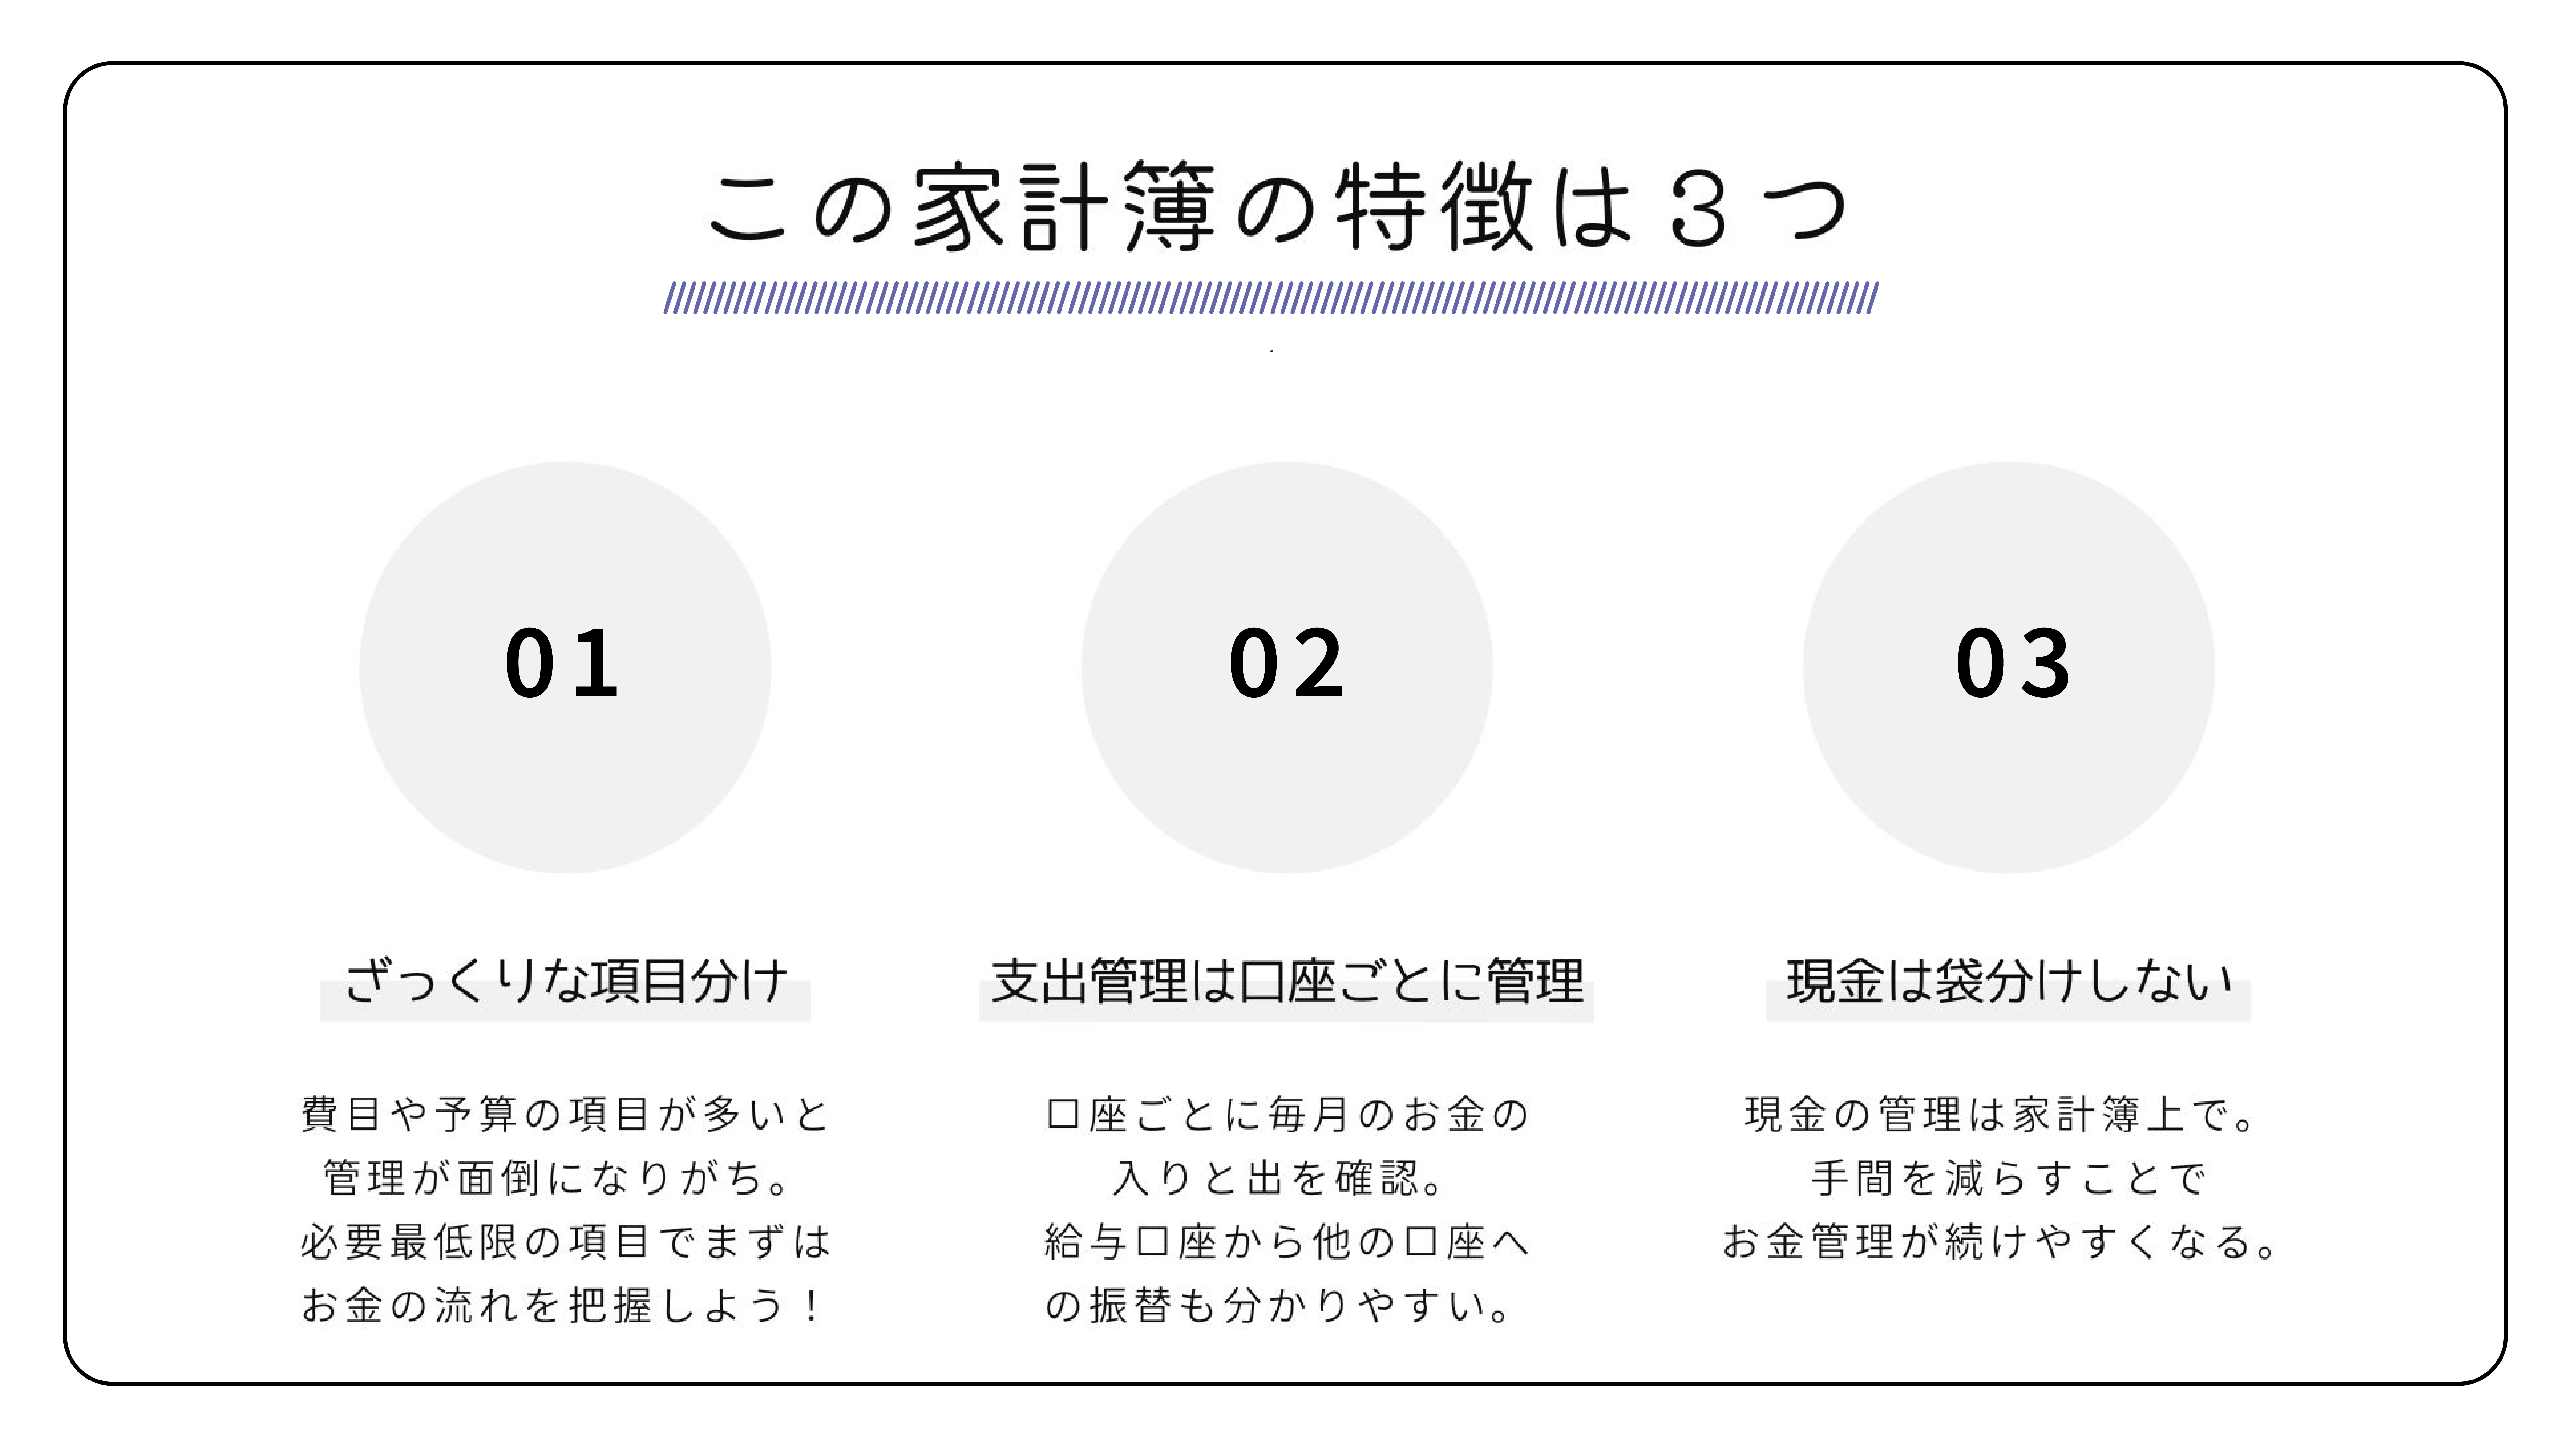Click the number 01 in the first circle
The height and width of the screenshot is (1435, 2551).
562,664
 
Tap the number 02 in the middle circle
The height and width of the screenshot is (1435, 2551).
1286,664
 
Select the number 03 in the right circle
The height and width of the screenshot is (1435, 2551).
2012,664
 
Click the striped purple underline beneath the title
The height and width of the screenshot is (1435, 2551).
1270,298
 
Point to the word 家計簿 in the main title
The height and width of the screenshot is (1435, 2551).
1065,208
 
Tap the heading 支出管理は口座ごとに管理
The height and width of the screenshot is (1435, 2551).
1286,982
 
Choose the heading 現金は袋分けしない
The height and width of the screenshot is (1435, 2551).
2008,982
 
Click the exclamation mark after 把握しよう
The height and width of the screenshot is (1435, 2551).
812,1305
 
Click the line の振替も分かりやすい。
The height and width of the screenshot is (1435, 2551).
1277,1305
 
